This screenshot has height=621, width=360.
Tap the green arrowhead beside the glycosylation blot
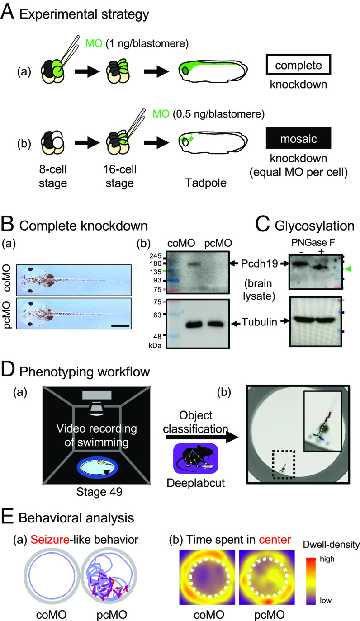point(347,269)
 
